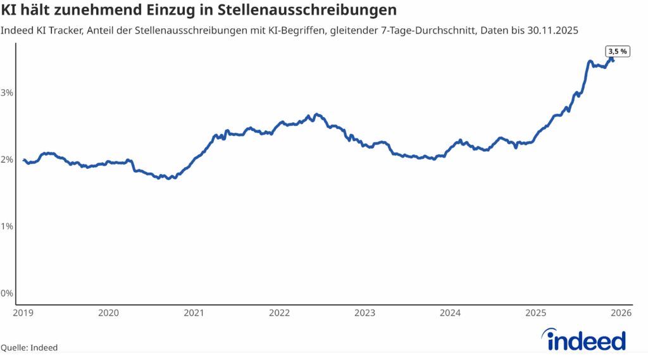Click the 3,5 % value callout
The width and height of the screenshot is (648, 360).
click(618, 52)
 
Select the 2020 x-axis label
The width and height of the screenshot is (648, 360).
click(108, 313)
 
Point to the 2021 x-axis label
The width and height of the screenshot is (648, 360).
click(194, 313)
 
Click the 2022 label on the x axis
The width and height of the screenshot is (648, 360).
click(279, 313)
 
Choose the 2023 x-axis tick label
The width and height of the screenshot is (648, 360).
click(365, 313)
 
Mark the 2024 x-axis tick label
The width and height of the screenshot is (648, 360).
click(451, 313)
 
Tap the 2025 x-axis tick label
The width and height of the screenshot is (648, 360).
click(536, 313)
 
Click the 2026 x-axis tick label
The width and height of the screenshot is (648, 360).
click(621, 313)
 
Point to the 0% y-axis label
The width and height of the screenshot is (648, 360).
click(7, 293)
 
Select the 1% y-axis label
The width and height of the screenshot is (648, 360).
click(7, 226)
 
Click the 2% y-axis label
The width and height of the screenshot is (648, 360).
click(7, 159)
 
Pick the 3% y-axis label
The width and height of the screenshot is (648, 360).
click(7, 92)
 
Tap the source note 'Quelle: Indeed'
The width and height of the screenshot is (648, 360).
click(29, 347)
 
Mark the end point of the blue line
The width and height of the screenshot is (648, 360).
click(613, 61)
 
